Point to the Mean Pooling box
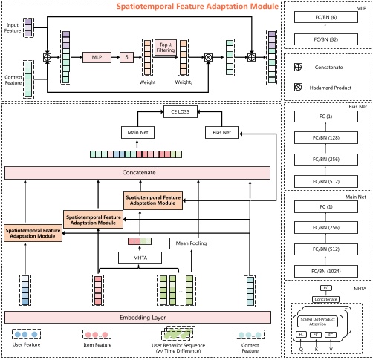click(x=190, y=243)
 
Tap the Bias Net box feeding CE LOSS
click(x=220, y=132)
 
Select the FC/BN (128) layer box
click(x=327, y=137)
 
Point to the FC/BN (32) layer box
click(x=327, y=39)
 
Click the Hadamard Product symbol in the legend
click(x=297, y=87)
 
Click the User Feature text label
click(x=25, y=346)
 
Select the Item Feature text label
click(x=97, y=346)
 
